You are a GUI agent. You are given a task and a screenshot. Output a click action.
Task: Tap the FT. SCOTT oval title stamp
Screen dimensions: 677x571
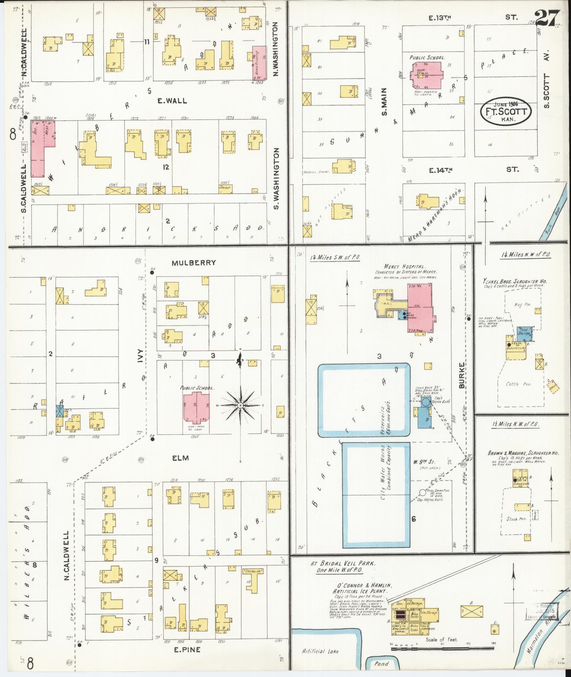coord(506,111)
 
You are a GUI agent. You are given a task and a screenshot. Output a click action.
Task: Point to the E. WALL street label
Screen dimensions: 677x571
coord(172,101)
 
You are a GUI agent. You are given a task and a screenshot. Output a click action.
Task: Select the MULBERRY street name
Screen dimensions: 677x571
coord(199,263)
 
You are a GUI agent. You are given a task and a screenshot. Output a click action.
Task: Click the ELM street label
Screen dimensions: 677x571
coord(180,458)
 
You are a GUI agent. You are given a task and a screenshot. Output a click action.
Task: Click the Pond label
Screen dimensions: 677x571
coord(382,664)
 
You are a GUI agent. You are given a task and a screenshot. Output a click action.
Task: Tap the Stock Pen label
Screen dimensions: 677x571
coord(517,519)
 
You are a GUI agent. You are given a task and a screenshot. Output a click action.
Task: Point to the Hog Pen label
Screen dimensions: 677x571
coord(518,305)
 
